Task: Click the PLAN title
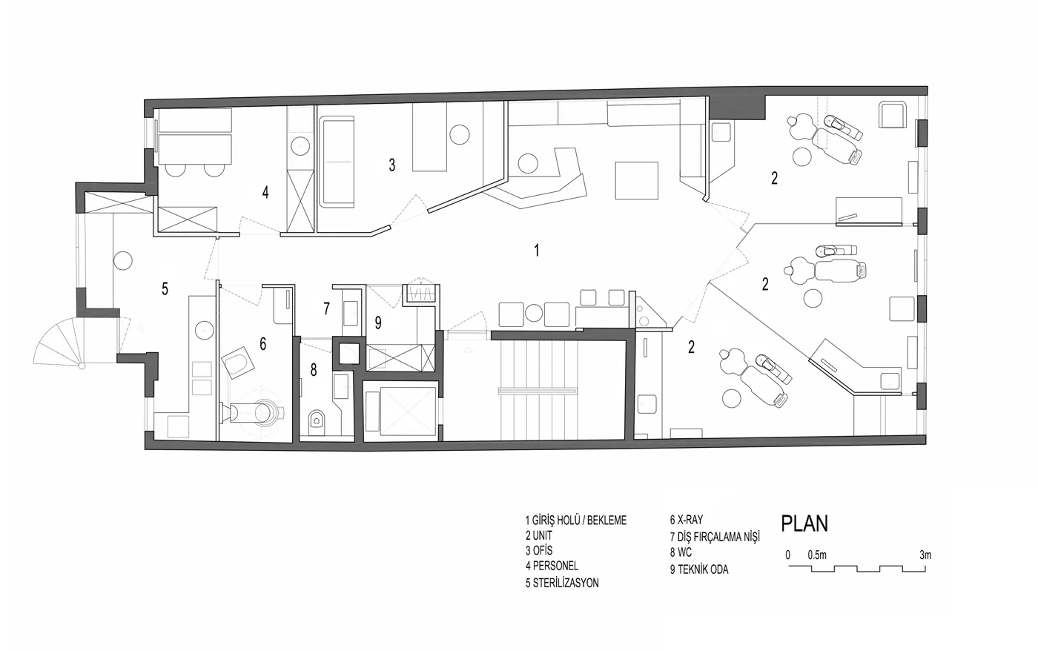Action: pos(804,523)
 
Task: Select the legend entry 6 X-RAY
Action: pos(687,520)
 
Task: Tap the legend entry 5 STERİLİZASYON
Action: pos(562,583)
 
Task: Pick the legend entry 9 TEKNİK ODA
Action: pos(698,569)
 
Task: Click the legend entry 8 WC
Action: pos(681,552)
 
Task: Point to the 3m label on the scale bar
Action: pos(925,555)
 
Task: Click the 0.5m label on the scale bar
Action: pos(817,555)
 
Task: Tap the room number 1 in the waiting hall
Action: pos(537,251)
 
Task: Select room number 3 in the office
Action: pos(392,165)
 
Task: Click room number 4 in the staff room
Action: pos(265,192)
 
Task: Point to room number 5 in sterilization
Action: pos(165,289)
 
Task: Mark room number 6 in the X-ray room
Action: pos(262,344)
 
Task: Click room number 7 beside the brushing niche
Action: pos(327,308)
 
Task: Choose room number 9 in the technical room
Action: pos(378,323)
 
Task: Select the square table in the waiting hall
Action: pos(637,181)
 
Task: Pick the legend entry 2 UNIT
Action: pos(539,535)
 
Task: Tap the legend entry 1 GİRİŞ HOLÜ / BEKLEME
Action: pos(576,521)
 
